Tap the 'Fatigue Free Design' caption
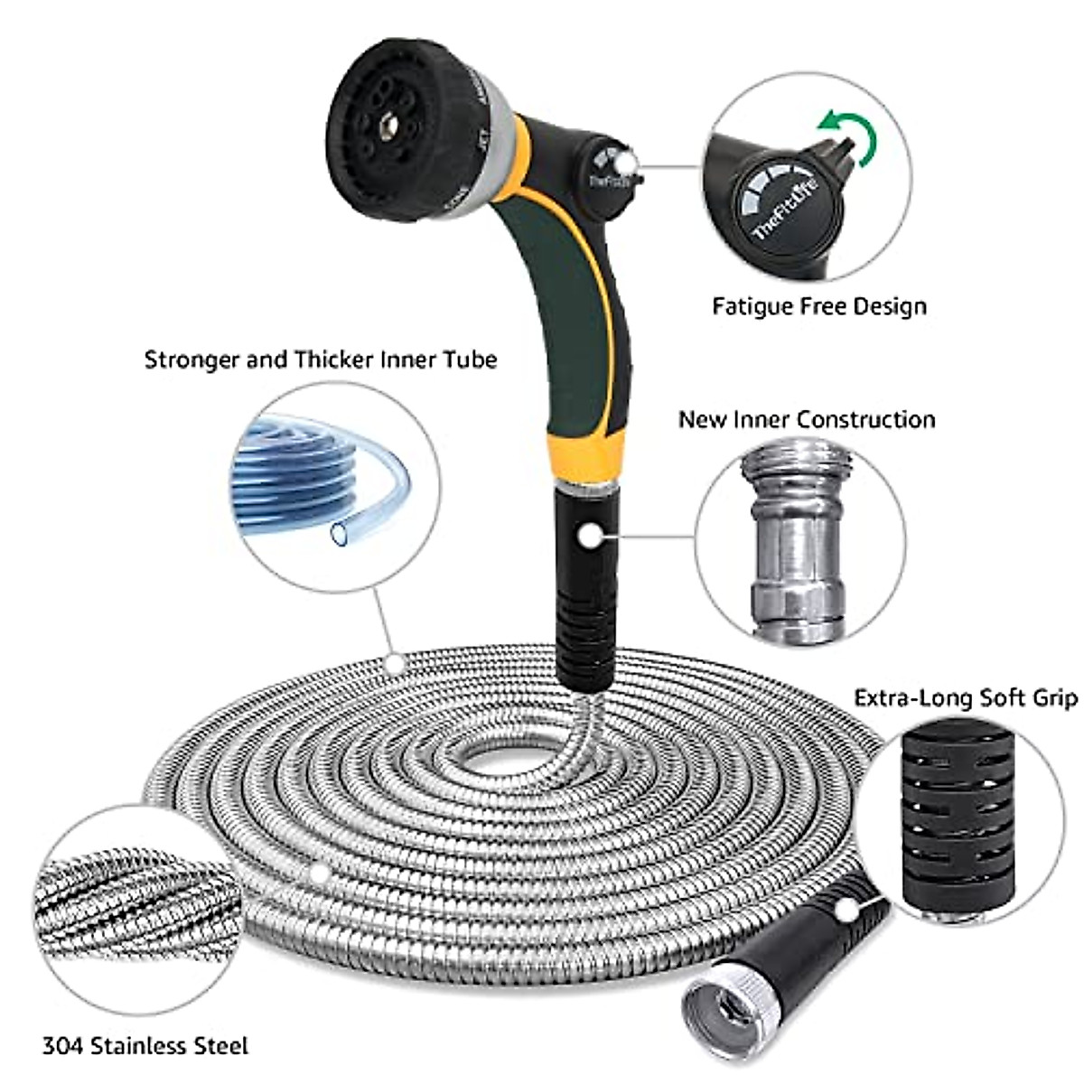pyautogui.click(x=819, y=306)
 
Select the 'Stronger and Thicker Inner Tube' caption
pyautogui.click(x=321, y=360)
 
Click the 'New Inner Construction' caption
pyautogui.click(x=807, y=420)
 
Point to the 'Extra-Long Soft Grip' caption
pyautogui.click(x=966, y=698)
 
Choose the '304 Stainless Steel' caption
pyautogui.click(x=145, y=1047)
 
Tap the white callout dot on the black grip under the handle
pyautogui.click(x=590, y=537)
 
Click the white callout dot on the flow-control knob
pyautogui.click(x=624, y=163)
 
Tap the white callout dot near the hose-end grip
pyautogui.click(x=846, y=910)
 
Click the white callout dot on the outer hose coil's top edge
pyautogui.click(x=393, y=662)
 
